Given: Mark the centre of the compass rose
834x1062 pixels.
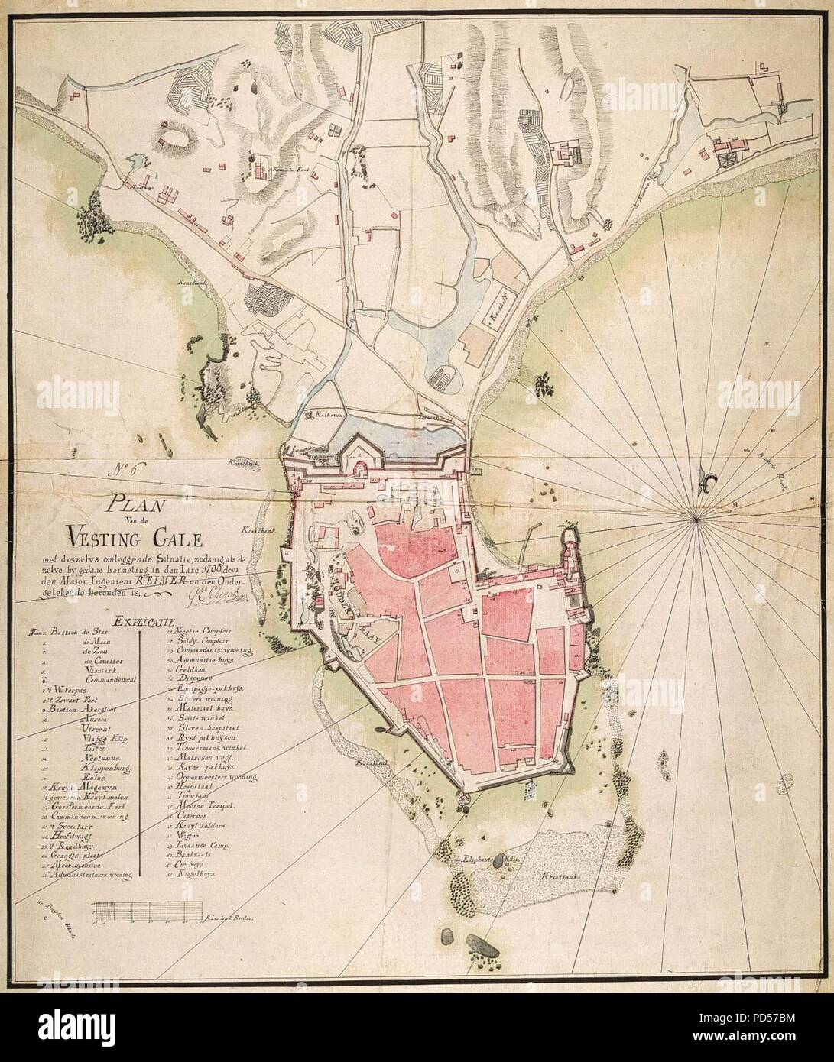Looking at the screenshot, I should pos(696,520).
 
